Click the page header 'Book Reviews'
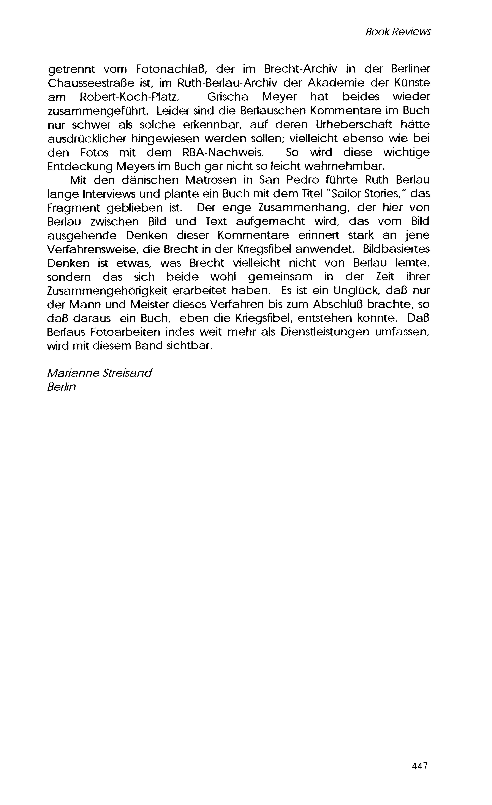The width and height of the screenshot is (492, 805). [x=398, y=32]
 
